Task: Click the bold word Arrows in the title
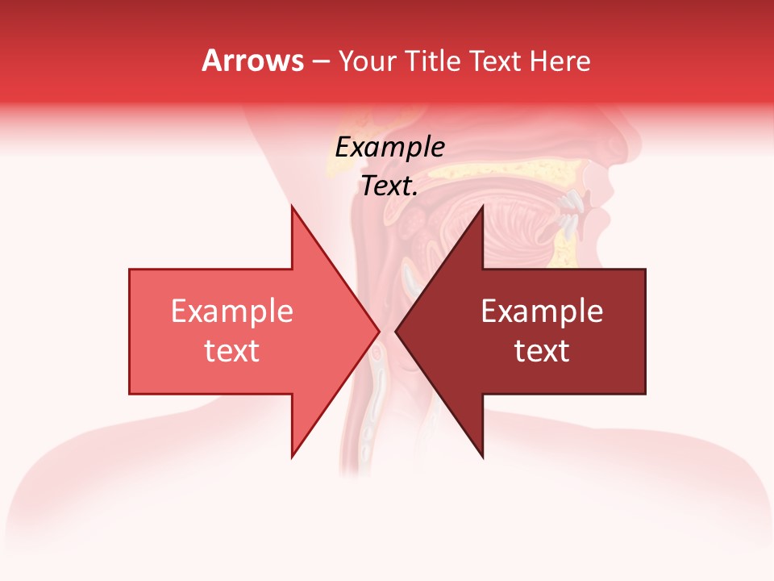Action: click(252, 61)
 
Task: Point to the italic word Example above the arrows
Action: click(389, 148)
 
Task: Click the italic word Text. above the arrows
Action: click(389, 186)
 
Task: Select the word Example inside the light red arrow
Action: click(232, 311)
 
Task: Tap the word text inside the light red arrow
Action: click(232, 351)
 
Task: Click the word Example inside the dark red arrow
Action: click(542, 311)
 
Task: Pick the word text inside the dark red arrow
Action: click(542, 351)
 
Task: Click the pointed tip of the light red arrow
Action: click(378, 332)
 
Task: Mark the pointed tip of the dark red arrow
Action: click(397, 332)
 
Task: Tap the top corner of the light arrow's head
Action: click(292, 207)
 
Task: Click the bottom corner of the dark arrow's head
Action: click(482, 457)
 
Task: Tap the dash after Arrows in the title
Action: click(320, 61)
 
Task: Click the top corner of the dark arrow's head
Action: click(482, 207)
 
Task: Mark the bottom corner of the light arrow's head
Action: click(292, 457)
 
